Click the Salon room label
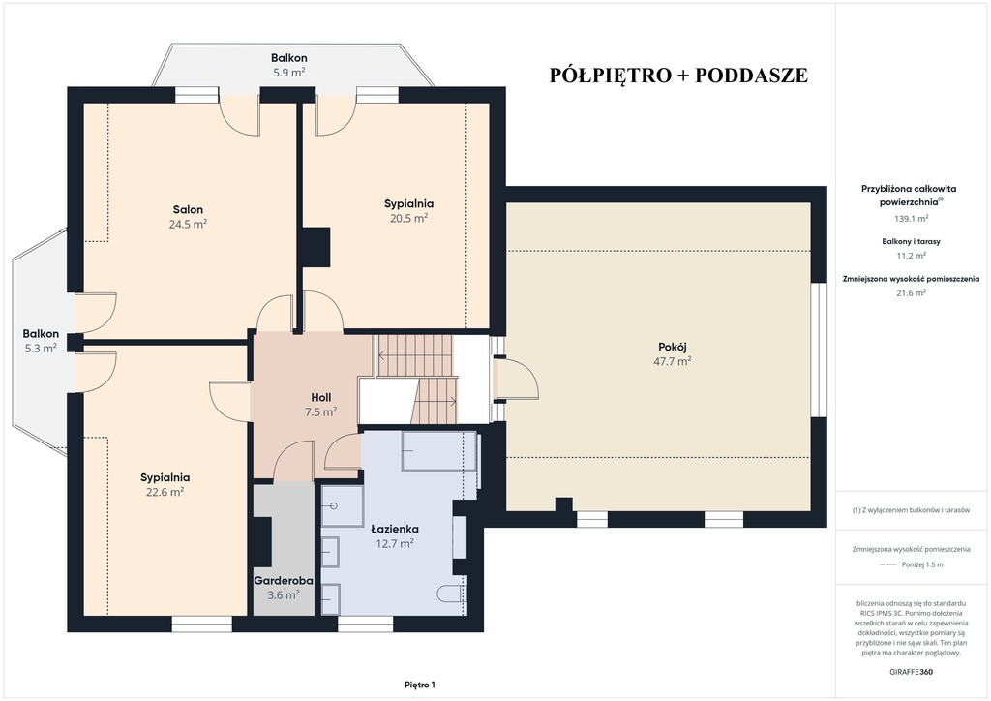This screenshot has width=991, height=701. (x=189, y=210)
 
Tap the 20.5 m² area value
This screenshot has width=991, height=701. (x=409, y=218)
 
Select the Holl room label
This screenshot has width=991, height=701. (x=321, y=398)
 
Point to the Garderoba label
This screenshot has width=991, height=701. (x=284, y=580)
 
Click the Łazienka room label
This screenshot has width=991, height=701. (x=395, y=529)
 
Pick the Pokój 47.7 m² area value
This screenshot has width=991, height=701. (x=673, y=361)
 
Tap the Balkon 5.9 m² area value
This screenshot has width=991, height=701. (x=289, y=72)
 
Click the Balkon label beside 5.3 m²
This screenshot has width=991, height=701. (x=41, y=334)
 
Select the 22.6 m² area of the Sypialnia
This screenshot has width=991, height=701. (x=165, y=493)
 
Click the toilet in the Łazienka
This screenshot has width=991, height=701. (x=452, y=594)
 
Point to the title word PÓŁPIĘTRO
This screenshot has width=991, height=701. (x=610, y=75)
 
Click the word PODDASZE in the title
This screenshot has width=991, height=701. (x=751, y=75)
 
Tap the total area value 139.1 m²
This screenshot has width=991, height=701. (x=911, y=219)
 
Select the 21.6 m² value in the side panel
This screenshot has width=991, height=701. (x=911, y=292)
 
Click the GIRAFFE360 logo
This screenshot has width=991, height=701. (x=911, y=672)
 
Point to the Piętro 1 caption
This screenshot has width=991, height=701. (x=420, y=685)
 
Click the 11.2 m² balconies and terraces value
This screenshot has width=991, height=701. (x=911, y=256)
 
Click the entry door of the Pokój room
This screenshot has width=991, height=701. (x=515, y=380)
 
